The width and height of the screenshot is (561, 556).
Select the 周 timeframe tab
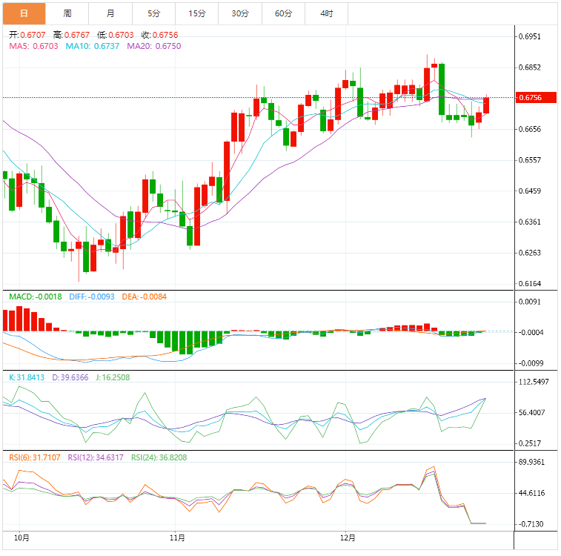pos(67,13)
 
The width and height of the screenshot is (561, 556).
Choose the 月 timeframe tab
pos(110,13)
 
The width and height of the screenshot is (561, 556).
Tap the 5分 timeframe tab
pos(153,13)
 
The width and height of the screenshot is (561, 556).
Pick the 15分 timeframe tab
pos(196,13)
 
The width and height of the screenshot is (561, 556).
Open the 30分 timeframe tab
pos(239,13)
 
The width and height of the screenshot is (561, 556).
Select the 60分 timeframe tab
pos(283,13)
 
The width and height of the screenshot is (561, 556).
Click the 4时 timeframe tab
pos(327,13)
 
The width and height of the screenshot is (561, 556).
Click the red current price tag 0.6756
pos(531,97)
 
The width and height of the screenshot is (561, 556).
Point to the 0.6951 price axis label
pos(531,36)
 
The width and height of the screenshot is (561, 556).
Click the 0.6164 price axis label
pos(531,284)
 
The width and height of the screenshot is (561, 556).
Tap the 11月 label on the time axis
pos(177,537)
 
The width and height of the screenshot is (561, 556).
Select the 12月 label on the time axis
pos(348,537)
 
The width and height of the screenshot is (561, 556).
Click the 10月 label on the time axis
pos(22,537)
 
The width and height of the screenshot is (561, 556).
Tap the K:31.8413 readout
pos(27,377)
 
